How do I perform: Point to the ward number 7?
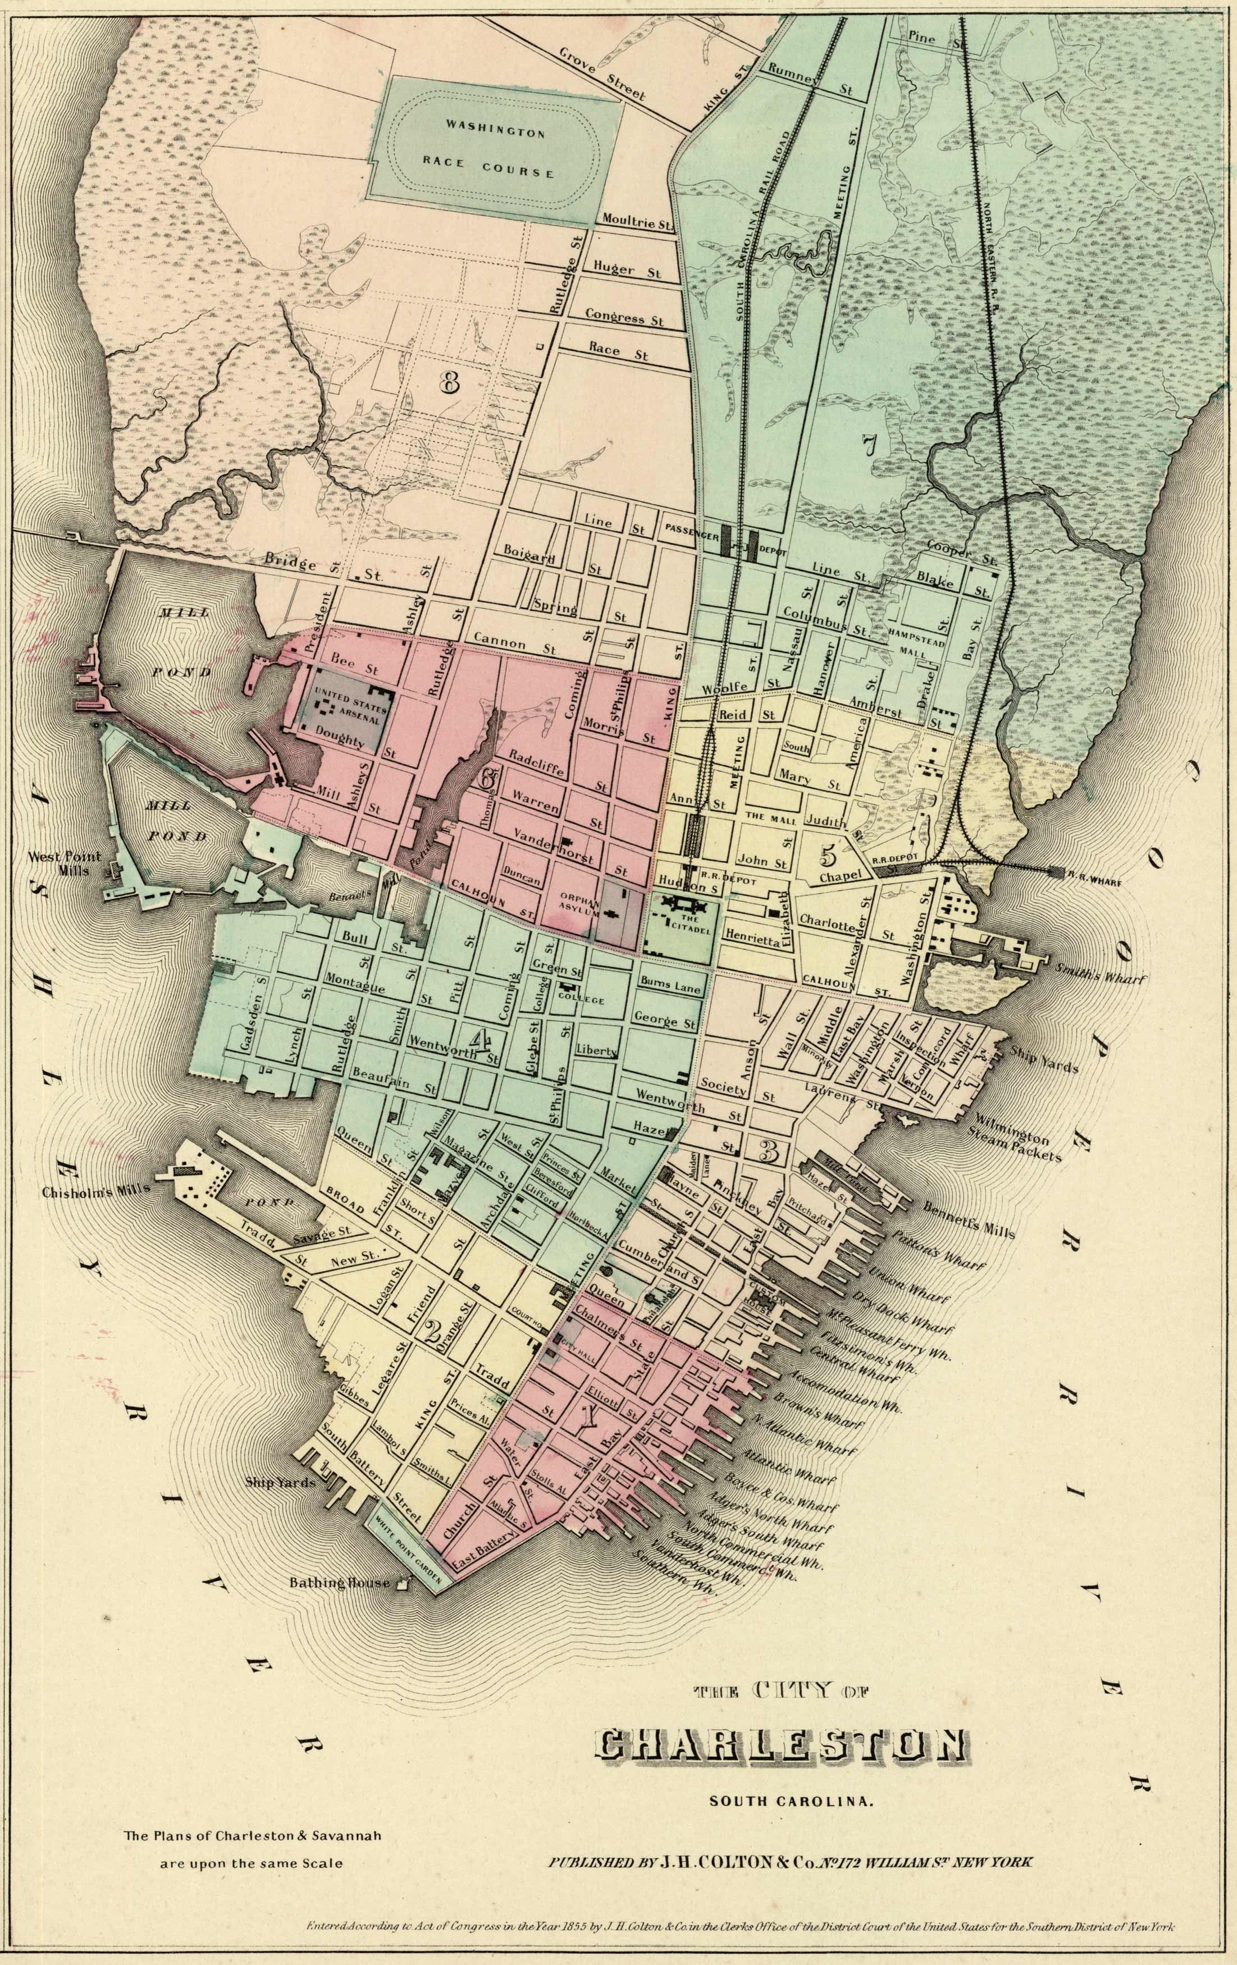point(868,444)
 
